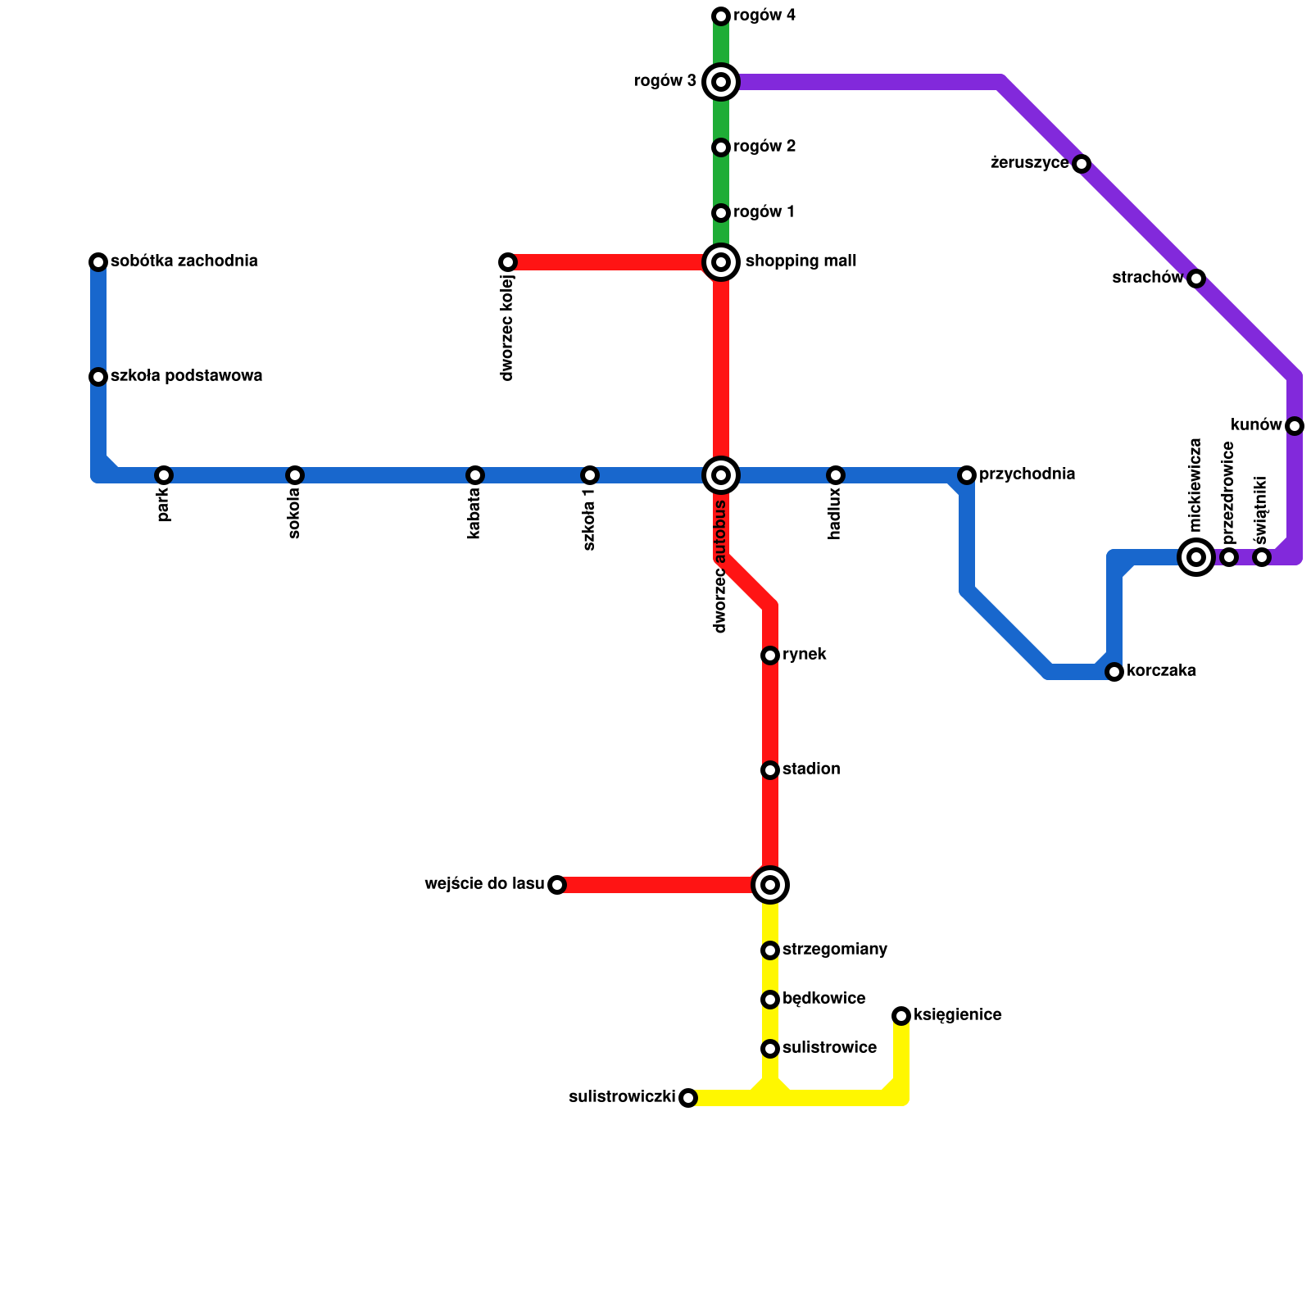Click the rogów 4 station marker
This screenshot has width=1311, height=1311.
pos(721,16)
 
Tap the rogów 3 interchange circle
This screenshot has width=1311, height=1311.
pos(721,82)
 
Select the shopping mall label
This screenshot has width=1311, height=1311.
pos(801,261)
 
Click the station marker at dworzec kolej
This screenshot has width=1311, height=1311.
pos(508,262)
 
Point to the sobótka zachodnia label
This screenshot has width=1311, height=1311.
pos(184,261)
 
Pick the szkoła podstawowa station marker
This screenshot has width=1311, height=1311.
pos(98,377)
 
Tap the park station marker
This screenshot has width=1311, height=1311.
pos(164,475)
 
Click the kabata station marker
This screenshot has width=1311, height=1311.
pos(475,475)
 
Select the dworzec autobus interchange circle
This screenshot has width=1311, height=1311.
pos(721,475)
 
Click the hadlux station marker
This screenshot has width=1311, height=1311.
pos(836,475)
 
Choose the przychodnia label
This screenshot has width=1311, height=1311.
pos(1027,474)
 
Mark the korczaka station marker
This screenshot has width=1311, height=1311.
pos(1114,672)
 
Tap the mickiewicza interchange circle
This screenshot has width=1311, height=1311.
pos(1196,557)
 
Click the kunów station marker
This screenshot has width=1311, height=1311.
pos(1295,426)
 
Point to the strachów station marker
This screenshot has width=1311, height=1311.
pos(1196,279)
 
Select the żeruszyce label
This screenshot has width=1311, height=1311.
pos(1029,163)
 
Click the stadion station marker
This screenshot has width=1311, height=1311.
pos(770,770)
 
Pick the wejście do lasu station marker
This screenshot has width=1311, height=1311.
pos(557,885)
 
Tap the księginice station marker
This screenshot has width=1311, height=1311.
pos(901,1016)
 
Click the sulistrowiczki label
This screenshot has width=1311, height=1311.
pos(622,1097)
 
